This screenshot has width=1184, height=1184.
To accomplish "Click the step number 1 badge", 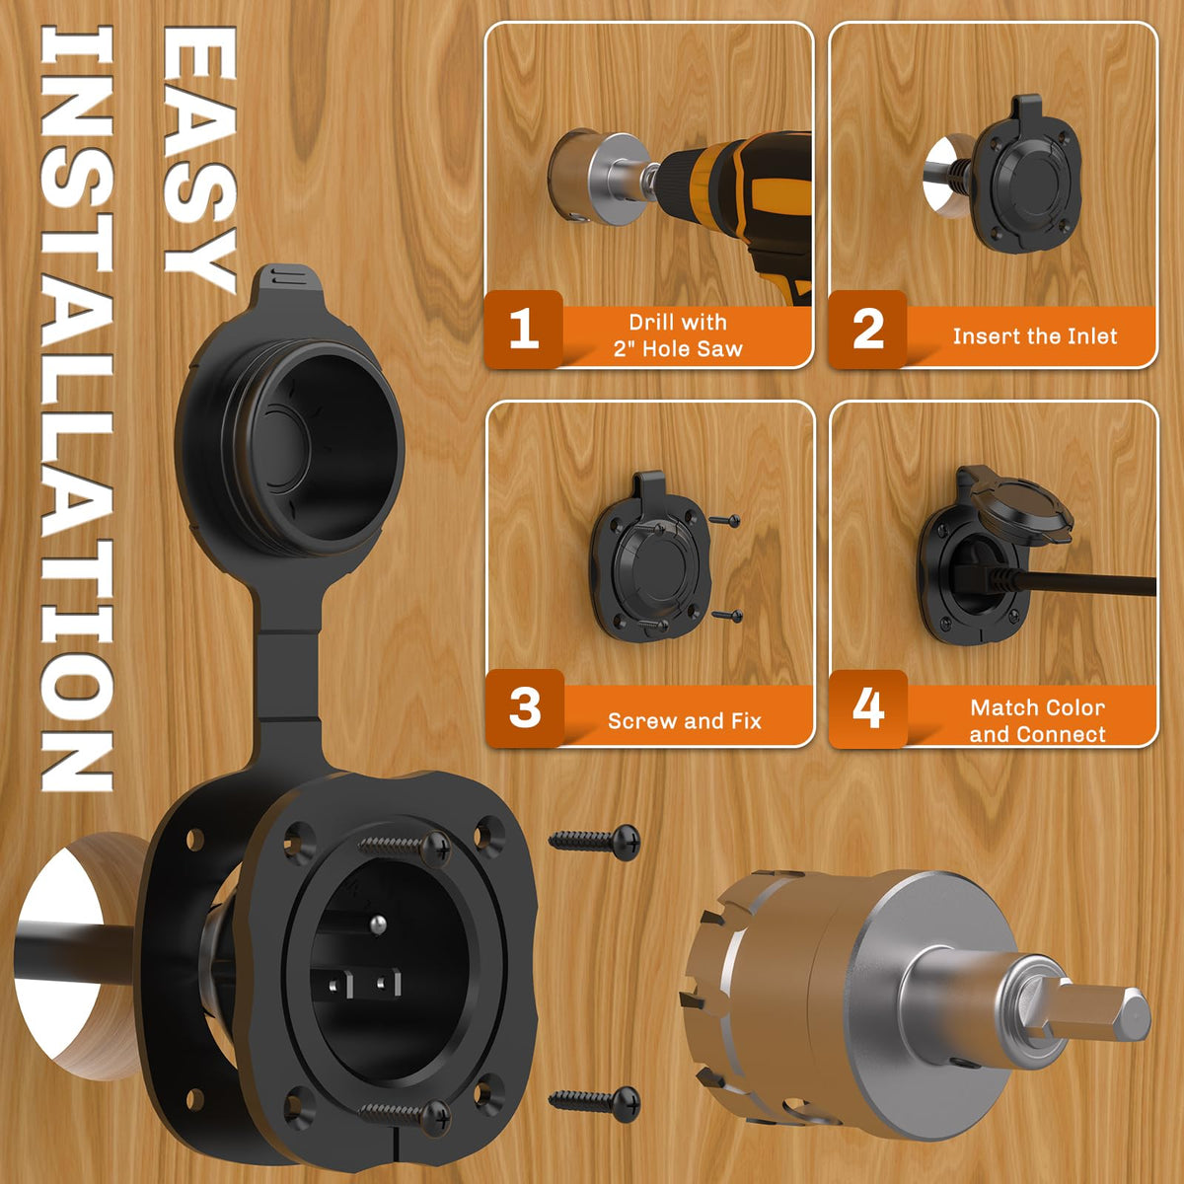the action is (524, 330).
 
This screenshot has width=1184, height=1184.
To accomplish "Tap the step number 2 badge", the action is (867, 330).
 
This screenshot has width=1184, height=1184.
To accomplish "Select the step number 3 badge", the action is (524, 707).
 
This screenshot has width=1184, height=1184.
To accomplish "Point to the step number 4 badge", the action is (868, 708).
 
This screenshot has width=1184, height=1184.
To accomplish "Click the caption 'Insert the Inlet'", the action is (1035, 336).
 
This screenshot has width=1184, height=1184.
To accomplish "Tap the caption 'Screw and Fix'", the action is (685, 720).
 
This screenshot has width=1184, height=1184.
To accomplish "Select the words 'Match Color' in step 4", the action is (1038, 707).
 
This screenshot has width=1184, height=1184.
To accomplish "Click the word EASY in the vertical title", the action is (199, 159).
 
